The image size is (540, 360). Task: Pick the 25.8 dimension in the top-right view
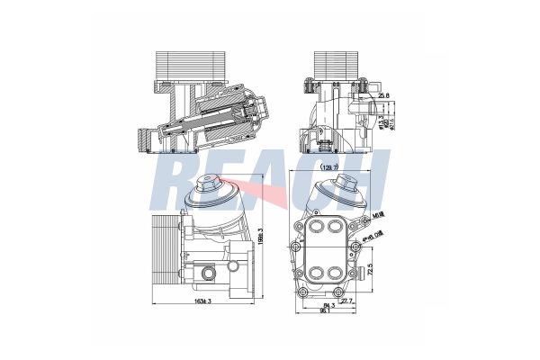tap(384, 94)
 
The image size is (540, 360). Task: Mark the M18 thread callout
tap(378, 216)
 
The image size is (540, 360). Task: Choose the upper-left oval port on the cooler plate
tap(316, 228)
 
